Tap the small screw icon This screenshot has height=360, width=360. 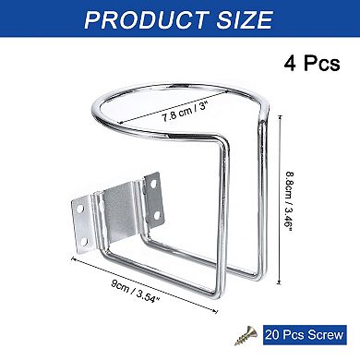click(246, 337)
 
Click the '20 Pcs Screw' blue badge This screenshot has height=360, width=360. click(302, 337)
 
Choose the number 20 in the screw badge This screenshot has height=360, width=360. click(273, 337)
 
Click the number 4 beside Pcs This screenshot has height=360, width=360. click(287, 65)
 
